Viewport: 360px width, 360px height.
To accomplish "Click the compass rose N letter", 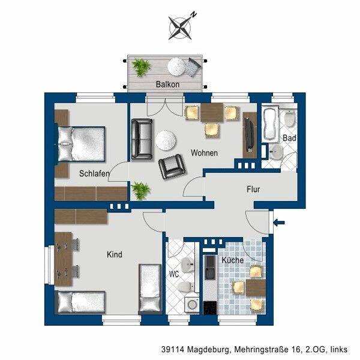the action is pyautogui.click(x=194, y=15).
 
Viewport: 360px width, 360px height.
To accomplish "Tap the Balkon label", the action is pyautogui.click(x=167, y=85).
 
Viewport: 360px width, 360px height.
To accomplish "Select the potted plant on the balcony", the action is pyautogui.click(x=141, y=67).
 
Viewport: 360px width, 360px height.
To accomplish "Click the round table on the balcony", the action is pyautogui.click(x=176, y=67).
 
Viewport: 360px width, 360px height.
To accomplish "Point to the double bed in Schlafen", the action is pyautogui.click(x=81, y=144).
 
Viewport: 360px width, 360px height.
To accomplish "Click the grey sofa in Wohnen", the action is pyautogui.click(x=142, y=139).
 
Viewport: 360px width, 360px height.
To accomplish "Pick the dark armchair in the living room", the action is pyautogui.click(x=172, y=166).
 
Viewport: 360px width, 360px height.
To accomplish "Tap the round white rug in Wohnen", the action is pyautogui.click(x=166, y=140).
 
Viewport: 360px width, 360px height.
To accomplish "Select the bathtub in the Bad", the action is pyautogui.click(x=271, y=124).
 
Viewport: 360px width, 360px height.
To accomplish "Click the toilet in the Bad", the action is pyautogui.click(x=289, y=118).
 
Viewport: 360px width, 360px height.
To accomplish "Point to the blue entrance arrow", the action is pyautogui.click(x=279, y=222).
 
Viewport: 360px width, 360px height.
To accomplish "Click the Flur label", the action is pyautogui.click(x=253, y=190).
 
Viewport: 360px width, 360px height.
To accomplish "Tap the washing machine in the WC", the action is pyautogui.click(x=192, y=305).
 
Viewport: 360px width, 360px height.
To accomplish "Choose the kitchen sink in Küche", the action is pyautogui.click(x=211, y=268).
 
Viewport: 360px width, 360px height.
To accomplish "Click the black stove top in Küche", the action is pyautogui.click(x=210, y=308).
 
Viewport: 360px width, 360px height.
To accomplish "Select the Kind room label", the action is pyautogui.click(x=115, y=254).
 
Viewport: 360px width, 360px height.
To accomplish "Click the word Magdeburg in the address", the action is pyautogui.click(x=208, y=350).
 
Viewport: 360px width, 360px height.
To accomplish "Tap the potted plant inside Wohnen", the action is pyautogui.click(x=141, y=190).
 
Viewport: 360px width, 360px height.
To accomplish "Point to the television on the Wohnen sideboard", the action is pyautogui.click(x=249, y=134).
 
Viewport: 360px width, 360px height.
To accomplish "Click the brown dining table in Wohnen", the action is pyautogui.click(x=212, y=113).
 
